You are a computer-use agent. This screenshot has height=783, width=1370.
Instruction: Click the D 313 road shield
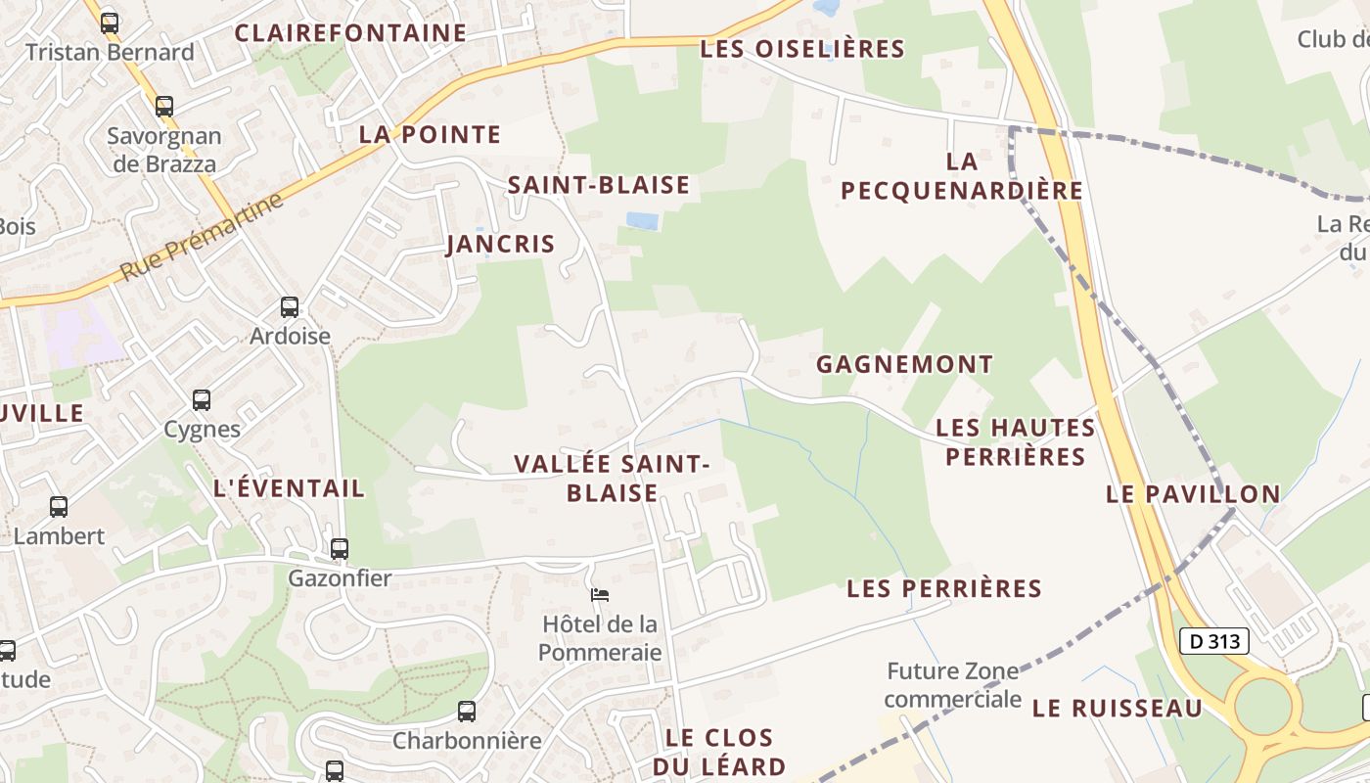[1214, 641]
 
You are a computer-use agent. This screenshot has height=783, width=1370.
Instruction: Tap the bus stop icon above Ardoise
[290, 307]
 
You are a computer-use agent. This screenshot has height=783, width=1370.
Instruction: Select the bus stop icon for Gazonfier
[340, 549]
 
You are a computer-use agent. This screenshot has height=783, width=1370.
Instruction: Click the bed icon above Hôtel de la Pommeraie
[600, 594]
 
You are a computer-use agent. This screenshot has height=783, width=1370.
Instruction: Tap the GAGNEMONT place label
[904, 364]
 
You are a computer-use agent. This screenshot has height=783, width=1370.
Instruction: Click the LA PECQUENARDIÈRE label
[962, 176]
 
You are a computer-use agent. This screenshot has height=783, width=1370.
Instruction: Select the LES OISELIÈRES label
[802, 49]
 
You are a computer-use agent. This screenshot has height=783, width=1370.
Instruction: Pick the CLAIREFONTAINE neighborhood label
[350, 33]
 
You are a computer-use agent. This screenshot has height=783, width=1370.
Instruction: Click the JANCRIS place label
[501, 244]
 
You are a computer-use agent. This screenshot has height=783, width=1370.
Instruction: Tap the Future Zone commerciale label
[952, 685]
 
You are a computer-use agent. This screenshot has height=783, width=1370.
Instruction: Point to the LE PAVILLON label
[1193, 494]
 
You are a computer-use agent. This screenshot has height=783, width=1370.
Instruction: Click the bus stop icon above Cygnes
[202, 400]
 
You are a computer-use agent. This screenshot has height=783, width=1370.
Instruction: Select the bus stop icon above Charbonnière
[467, 712]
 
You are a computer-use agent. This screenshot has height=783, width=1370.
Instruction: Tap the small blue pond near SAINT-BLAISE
[642, 221]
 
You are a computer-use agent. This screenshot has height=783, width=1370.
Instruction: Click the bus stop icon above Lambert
[59, 507]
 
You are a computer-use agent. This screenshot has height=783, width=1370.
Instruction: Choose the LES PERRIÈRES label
[944, 588]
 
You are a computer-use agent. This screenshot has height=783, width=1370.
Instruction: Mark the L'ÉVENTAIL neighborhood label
[289, 488]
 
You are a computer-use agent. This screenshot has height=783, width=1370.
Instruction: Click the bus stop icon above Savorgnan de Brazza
[164, 107]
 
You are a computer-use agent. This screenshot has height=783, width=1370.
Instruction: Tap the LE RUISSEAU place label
[1117, 708]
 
